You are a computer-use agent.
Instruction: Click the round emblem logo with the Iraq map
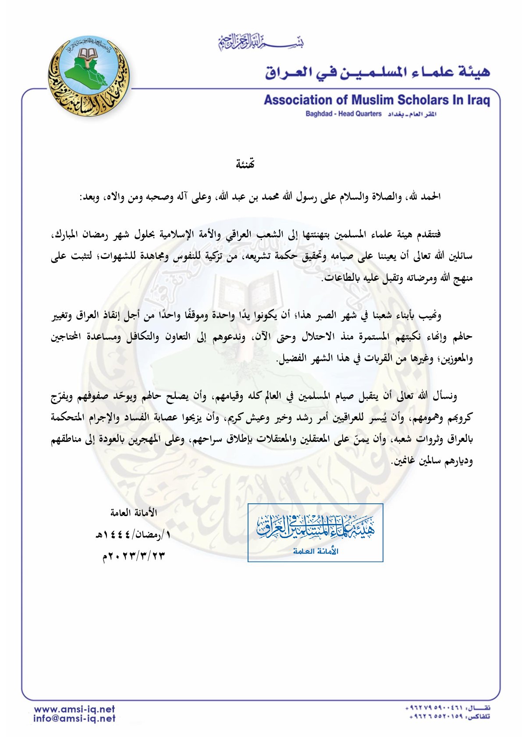[89, 76]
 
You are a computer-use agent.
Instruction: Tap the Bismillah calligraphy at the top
[261, 43]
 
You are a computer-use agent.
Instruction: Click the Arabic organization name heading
[377, 72]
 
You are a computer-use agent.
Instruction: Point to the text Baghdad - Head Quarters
[344, 114]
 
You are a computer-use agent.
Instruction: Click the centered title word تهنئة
[245, 164]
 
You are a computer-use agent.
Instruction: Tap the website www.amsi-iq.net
[75, 709]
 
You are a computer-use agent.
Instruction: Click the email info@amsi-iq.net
[75, 718]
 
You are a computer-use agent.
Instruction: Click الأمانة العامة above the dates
[134, 513]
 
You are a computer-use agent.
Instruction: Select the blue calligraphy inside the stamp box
[316, 527]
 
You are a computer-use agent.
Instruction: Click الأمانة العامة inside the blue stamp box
[316, 551]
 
